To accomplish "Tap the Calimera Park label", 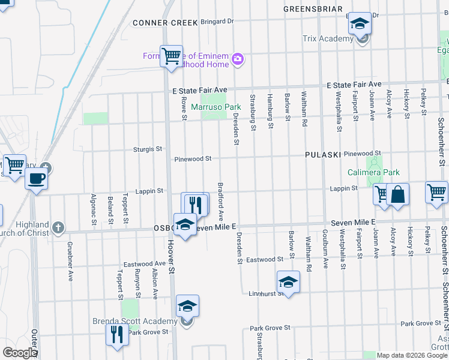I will click(373, 173).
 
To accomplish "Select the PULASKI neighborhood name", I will click(323, 154).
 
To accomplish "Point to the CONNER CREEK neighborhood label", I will click(165, 23).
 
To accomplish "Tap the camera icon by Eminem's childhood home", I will click(238, 58).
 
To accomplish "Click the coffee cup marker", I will click(37, 178).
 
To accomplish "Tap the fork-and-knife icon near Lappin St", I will click(196, 204).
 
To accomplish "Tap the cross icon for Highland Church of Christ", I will click(58, 227).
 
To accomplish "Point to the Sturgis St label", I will click(151, 149).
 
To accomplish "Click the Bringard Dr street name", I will click(217, 22).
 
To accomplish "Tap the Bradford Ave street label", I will click(221, 200).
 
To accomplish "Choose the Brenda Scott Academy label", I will click(134, 321).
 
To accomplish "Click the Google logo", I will click(20, 353).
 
